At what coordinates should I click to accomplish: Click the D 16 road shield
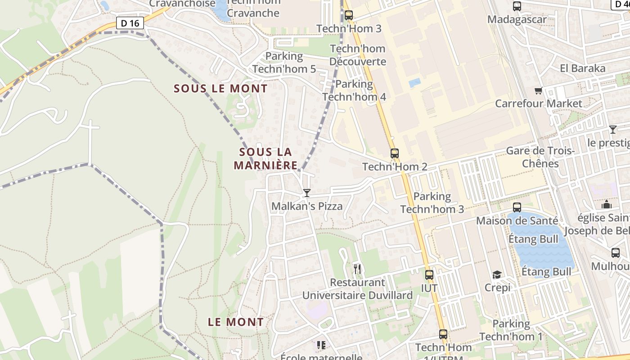tap(130, 23)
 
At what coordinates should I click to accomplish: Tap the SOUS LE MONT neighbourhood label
tap(220, 89)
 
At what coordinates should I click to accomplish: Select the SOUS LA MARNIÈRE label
tap(265, 159)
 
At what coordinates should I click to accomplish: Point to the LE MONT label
tap(236, 322)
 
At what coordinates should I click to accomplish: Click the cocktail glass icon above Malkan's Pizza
tap(307, 193)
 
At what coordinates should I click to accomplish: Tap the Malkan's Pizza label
tap(307, 207)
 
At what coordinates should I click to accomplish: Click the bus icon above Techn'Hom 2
tap(395, 153)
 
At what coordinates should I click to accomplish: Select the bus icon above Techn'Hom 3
tap(349, 15)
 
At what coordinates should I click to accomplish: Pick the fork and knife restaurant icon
tap(357, 269)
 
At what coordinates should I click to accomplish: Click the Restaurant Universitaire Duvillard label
tap(357, 289)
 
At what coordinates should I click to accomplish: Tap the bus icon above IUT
tap(429, 274)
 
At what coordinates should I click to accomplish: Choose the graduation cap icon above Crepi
tap(497, 274)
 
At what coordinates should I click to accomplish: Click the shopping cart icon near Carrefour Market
tap(538, 91)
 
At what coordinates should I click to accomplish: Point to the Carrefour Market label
tap(539, 103)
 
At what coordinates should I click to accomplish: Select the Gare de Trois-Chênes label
tap(540, 157)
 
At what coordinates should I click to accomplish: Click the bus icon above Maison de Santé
tap(517, 207)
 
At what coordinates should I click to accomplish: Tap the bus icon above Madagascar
tap(517, 7)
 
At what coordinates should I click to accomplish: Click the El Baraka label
tap(583, 68)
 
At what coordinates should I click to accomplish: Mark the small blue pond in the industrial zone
tap(414, 83)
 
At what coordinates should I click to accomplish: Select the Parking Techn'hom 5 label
tap(284, 63)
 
